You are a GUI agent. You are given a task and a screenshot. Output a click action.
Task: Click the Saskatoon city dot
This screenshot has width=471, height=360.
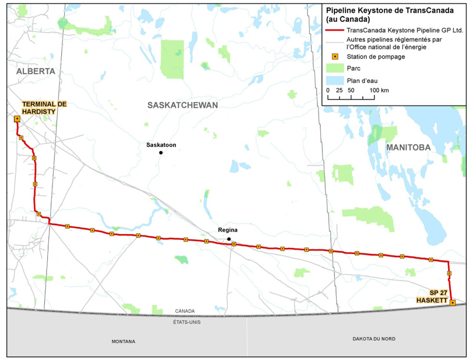pos(160,153)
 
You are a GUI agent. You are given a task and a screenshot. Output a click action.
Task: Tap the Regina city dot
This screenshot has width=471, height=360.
pos(229,239)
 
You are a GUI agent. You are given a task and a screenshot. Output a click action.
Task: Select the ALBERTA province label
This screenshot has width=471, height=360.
pos(36,71)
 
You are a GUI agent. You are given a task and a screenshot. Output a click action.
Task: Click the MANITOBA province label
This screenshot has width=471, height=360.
pos(408,147)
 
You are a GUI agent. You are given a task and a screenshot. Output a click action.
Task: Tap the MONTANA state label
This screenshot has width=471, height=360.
pos(123,341)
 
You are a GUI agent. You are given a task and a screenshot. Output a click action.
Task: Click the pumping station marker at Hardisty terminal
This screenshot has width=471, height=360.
pos(17,118)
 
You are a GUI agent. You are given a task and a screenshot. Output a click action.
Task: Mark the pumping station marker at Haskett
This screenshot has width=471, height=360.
pos(452,303)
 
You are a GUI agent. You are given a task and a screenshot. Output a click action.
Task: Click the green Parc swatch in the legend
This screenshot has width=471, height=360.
pos(334,68)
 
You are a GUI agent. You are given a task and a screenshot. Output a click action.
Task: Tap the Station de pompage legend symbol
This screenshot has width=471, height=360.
pos(334,57)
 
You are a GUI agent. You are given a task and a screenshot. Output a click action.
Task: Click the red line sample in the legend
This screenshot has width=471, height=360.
pos(334,29)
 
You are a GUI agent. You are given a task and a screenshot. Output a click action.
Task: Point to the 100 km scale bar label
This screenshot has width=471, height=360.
pos(379,90)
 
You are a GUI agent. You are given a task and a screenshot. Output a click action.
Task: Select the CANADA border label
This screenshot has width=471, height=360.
pos(185,311)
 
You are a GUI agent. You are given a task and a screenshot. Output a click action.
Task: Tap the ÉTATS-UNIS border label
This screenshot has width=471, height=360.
pos(185,322)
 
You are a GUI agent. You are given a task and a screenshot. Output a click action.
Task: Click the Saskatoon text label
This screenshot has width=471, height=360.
pos(161,144)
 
